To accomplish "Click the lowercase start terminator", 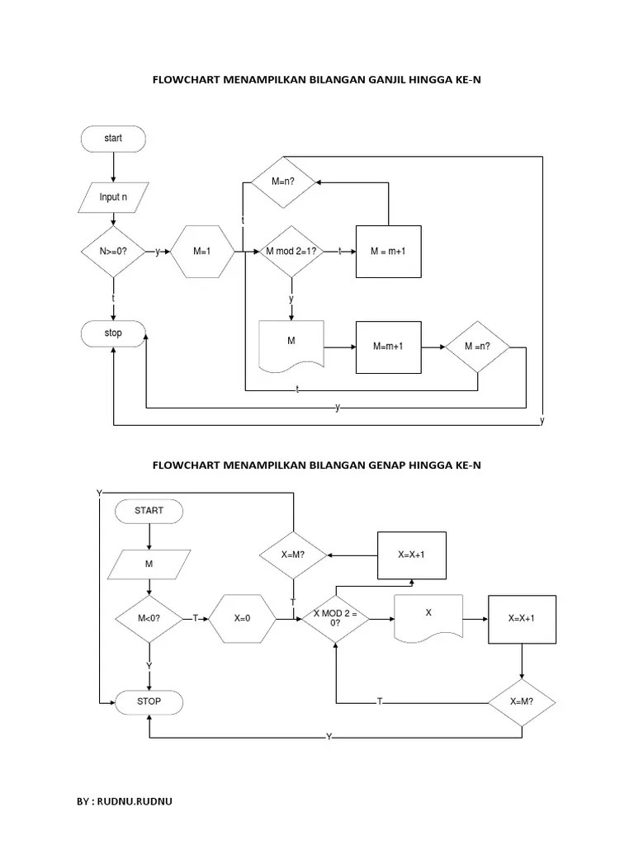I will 113,139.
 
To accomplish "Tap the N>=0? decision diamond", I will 113,251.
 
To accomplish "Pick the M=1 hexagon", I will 202,251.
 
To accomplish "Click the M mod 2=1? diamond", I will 291,251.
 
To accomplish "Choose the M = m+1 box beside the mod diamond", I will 388,251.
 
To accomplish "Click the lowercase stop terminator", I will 113,333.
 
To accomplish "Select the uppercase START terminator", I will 149,511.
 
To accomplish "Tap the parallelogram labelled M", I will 149,565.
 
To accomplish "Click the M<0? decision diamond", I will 149,616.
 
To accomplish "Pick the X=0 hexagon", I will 242,616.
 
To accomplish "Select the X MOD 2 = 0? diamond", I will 334,617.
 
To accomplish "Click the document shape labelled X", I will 428,616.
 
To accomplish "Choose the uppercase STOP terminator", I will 149,701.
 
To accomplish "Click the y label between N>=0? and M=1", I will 158,251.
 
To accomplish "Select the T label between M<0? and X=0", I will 196,616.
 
